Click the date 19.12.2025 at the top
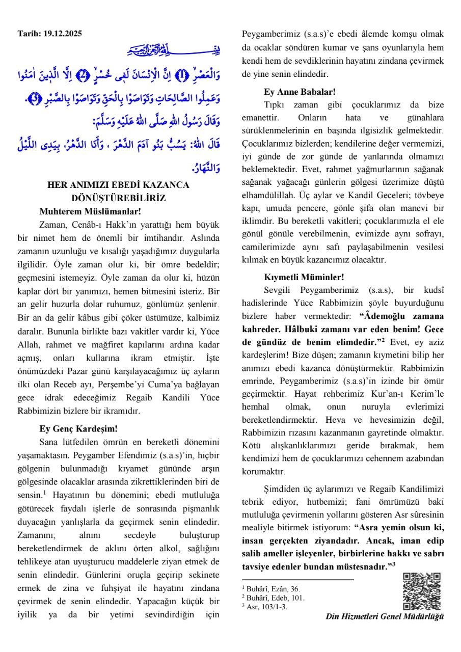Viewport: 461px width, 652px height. [62, 34]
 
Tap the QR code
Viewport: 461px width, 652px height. [422, 591]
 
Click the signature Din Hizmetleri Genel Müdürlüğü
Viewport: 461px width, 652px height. [385, 616]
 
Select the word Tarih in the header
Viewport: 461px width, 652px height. [28, 34]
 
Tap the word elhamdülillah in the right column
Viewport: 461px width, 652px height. [268, 195]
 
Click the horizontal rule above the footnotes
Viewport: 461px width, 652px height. [297, 580]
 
